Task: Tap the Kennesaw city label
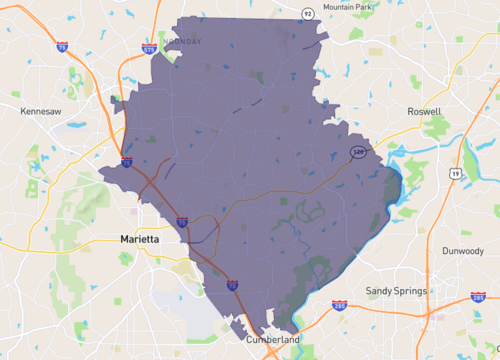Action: [42, 113]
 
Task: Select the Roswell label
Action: [425, 112]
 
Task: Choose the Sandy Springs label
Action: [396, 291]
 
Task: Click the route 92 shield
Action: [308, 13]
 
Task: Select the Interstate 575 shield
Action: [150, 45]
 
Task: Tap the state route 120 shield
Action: [357, 151]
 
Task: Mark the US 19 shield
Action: [456, 173]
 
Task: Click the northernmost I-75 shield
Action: [62, 48]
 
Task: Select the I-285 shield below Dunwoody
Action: [478, 298]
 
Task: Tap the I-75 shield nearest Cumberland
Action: [233, 286]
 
